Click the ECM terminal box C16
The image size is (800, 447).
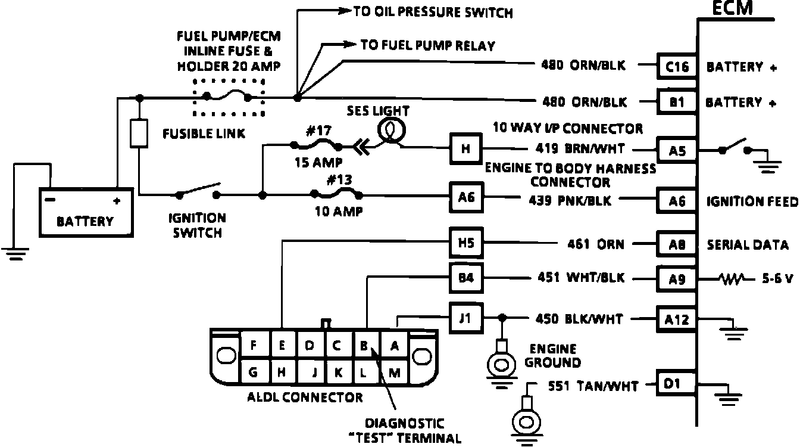(x=677, y=66)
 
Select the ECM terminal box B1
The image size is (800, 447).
(x=677, y=103)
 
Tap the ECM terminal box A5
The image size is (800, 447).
(x=677, y=151)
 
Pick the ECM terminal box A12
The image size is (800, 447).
(x=677, y=319)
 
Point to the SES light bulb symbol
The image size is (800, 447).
(x=391, y=129)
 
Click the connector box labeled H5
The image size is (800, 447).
(x=466, y=243)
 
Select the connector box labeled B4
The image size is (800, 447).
(x=466, y=278)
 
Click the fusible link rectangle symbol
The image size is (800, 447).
(x=139, y=133)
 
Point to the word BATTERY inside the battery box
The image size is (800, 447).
(x=85, y=222)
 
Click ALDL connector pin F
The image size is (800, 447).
(x=254, y=345)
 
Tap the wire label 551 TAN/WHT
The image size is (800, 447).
(x=593, y=387)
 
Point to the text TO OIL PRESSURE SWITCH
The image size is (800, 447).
(x=433, y=11)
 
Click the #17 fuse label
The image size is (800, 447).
(x=317, y=130)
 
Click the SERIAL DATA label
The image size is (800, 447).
(x=748, y=244)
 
